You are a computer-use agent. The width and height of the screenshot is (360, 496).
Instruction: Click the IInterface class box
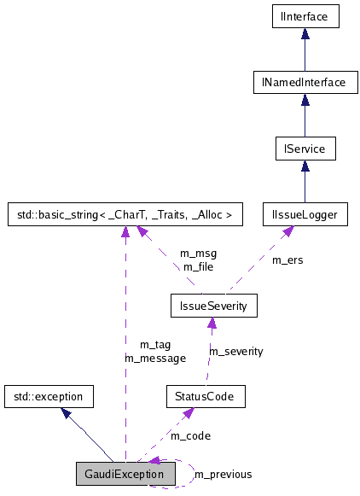coord(305,15)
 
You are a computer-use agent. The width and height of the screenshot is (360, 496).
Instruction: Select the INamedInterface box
coord(305,82)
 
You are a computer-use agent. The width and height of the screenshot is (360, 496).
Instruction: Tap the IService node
coord(305,149)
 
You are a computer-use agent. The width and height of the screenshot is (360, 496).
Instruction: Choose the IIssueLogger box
coord(305,215)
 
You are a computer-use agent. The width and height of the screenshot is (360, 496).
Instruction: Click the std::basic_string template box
coord(125,215)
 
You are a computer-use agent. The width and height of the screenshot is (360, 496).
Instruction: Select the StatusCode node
coord(206,396)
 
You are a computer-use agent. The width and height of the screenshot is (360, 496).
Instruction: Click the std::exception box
coord(49,396)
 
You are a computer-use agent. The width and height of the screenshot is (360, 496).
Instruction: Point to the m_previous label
coord(223,474)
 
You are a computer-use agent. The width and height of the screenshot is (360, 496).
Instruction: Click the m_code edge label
coord(190,435)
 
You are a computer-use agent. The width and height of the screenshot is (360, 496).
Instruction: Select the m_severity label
coord(236,351)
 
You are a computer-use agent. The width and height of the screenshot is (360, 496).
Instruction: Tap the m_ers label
coord(287,260)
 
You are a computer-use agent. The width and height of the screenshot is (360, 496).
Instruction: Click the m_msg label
coord(198,254)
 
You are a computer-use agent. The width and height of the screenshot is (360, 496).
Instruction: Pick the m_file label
coord(198,266)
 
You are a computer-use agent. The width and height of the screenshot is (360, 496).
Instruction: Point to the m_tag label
coord(154,345)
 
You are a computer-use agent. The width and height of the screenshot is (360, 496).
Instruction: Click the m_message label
coord(154,358)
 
